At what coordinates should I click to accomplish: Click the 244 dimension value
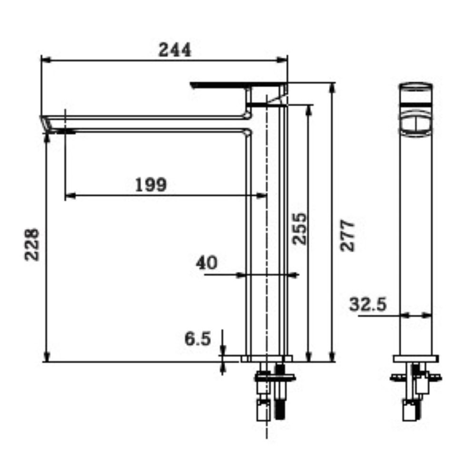click(175, 50)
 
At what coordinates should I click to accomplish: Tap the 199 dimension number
click(151, 185)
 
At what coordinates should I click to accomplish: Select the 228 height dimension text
click(32, 244)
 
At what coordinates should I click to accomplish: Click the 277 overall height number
click(347, 236)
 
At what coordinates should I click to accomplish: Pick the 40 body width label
click(207, 263)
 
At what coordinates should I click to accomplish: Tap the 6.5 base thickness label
click(198, 338)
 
